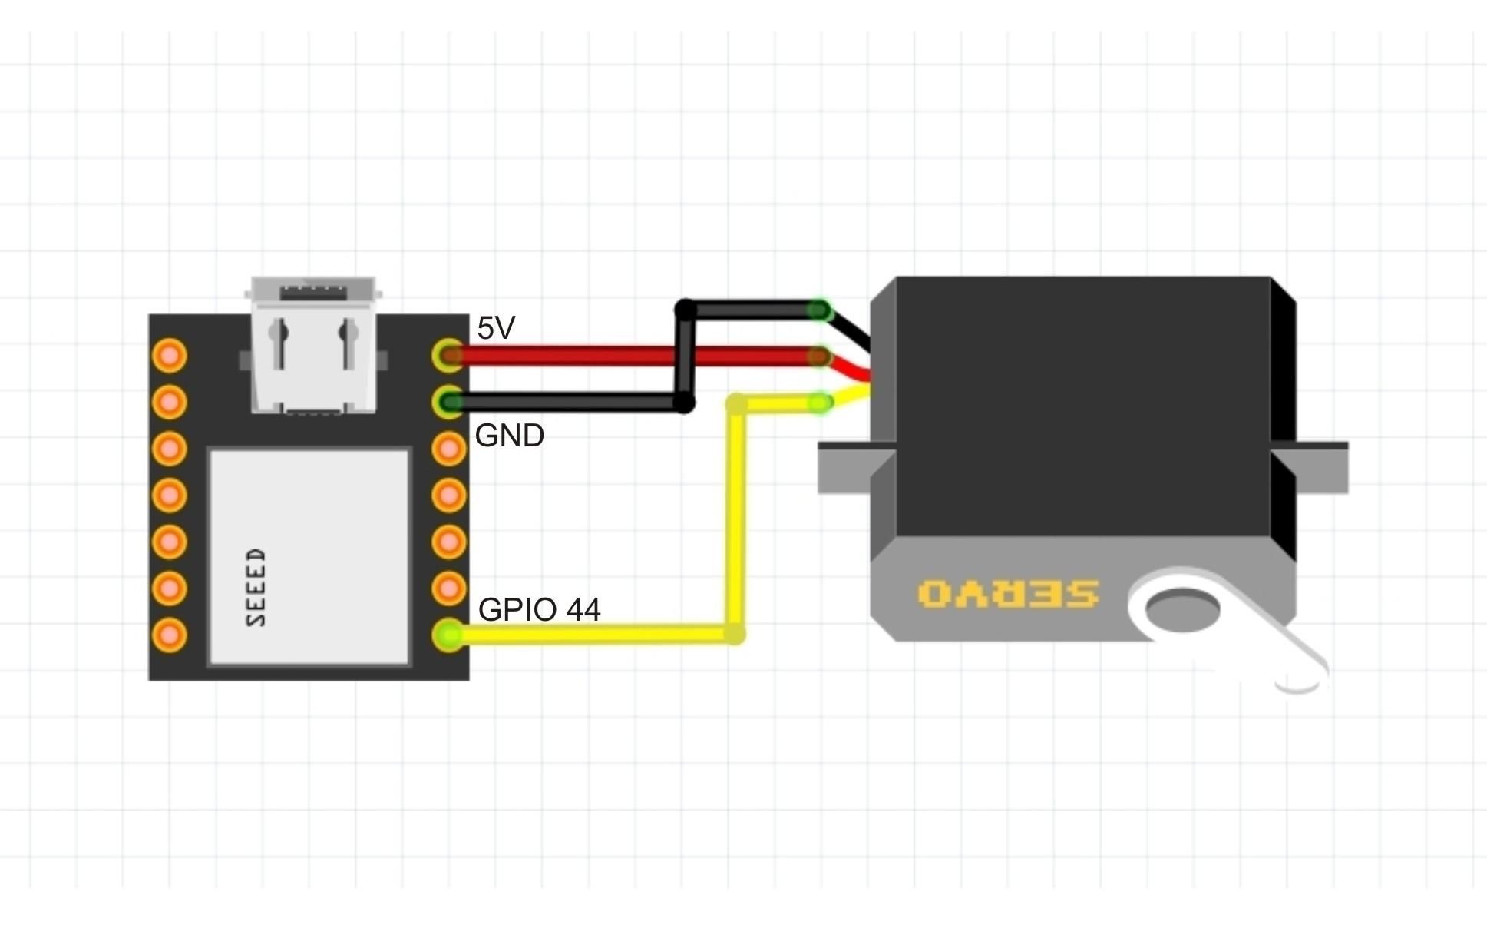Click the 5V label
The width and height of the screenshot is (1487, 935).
[x=495, y=328]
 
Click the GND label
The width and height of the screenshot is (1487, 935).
[x=510, y=436]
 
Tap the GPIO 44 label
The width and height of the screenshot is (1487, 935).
[x=539, y=609]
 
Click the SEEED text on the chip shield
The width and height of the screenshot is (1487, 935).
[x=257, y=587]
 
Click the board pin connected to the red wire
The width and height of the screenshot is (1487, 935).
[x=448, y=355]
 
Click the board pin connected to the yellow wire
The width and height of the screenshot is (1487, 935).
[x=448, y=635]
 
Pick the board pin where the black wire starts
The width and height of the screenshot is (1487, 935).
[x=448, y=401]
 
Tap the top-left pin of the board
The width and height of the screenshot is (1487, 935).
[x=170, y=355]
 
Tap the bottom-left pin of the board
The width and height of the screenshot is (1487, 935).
[x=170, y=635]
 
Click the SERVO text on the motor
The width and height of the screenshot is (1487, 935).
[x=1008, y=594]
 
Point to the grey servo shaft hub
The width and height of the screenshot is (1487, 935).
[x=1182, y=608]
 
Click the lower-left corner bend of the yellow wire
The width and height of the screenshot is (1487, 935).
[x=735, y=634]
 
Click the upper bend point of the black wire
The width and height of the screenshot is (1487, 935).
[x=685, y=310]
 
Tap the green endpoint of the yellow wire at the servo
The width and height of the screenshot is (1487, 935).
[x=820, y=403]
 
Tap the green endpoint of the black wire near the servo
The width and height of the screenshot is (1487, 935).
[x=820, y=310]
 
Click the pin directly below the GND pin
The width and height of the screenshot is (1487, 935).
[x=448, y=448]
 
